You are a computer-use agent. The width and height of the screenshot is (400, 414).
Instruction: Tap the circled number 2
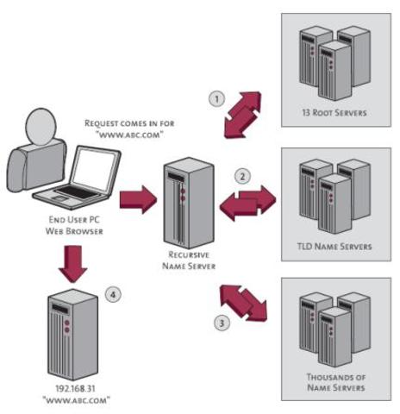tap(243, 177)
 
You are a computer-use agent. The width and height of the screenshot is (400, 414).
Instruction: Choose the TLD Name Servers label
tap(336, 246)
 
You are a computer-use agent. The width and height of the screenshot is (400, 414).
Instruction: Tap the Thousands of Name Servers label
tap(336, 382)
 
